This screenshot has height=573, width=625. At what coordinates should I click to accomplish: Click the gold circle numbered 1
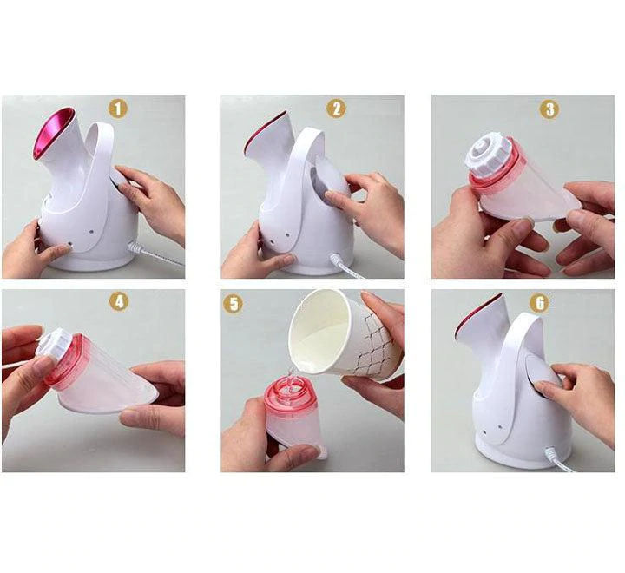118,108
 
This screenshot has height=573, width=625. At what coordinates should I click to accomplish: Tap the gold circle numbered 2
337,108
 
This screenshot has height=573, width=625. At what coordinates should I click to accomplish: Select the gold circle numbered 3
549,109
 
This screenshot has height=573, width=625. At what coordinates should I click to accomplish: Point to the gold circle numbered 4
119,302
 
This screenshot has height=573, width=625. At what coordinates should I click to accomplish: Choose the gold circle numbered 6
539,303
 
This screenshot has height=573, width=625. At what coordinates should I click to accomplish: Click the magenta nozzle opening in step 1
53,133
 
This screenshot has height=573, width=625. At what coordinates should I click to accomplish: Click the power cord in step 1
155,254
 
